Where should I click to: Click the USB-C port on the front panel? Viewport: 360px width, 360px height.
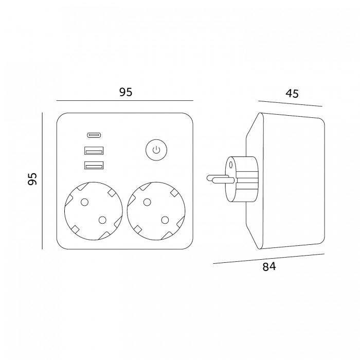pos(94,135)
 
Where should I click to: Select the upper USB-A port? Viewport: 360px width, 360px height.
pos(94,151)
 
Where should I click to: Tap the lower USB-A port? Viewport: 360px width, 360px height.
pos(94,166)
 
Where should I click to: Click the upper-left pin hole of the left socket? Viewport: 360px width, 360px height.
pos(85,202)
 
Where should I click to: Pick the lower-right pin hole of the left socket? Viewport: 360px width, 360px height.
pos(102,220)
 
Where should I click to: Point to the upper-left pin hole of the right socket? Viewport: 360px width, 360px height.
pos(147,202)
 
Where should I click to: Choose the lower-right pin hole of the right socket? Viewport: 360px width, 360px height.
pos(165,220)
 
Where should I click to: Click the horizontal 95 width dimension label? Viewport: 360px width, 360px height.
pos(126,92)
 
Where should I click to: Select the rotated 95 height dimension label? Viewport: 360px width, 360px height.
pos(32,179)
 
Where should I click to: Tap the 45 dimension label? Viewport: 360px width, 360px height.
pos(292,94)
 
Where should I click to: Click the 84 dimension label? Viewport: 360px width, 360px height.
pos(269,267)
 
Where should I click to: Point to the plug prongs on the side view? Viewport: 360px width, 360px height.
pos(221,178)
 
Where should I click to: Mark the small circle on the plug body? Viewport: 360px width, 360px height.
pos(231,165)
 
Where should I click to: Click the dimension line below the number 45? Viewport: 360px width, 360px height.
pos(290,103)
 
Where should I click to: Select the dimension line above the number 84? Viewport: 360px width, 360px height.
pos(268,259)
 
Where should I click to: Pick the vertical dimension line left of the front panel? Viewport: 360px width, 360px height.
pos(42,181)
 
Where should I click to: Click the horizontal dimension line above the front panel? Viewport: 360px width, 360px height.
pos(125,100)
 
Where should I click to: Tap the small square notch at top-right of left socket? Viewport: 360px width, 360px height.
pos(111,193)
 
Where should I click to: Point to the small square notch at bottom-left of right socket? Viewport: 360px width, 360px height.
pos(138,229)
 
